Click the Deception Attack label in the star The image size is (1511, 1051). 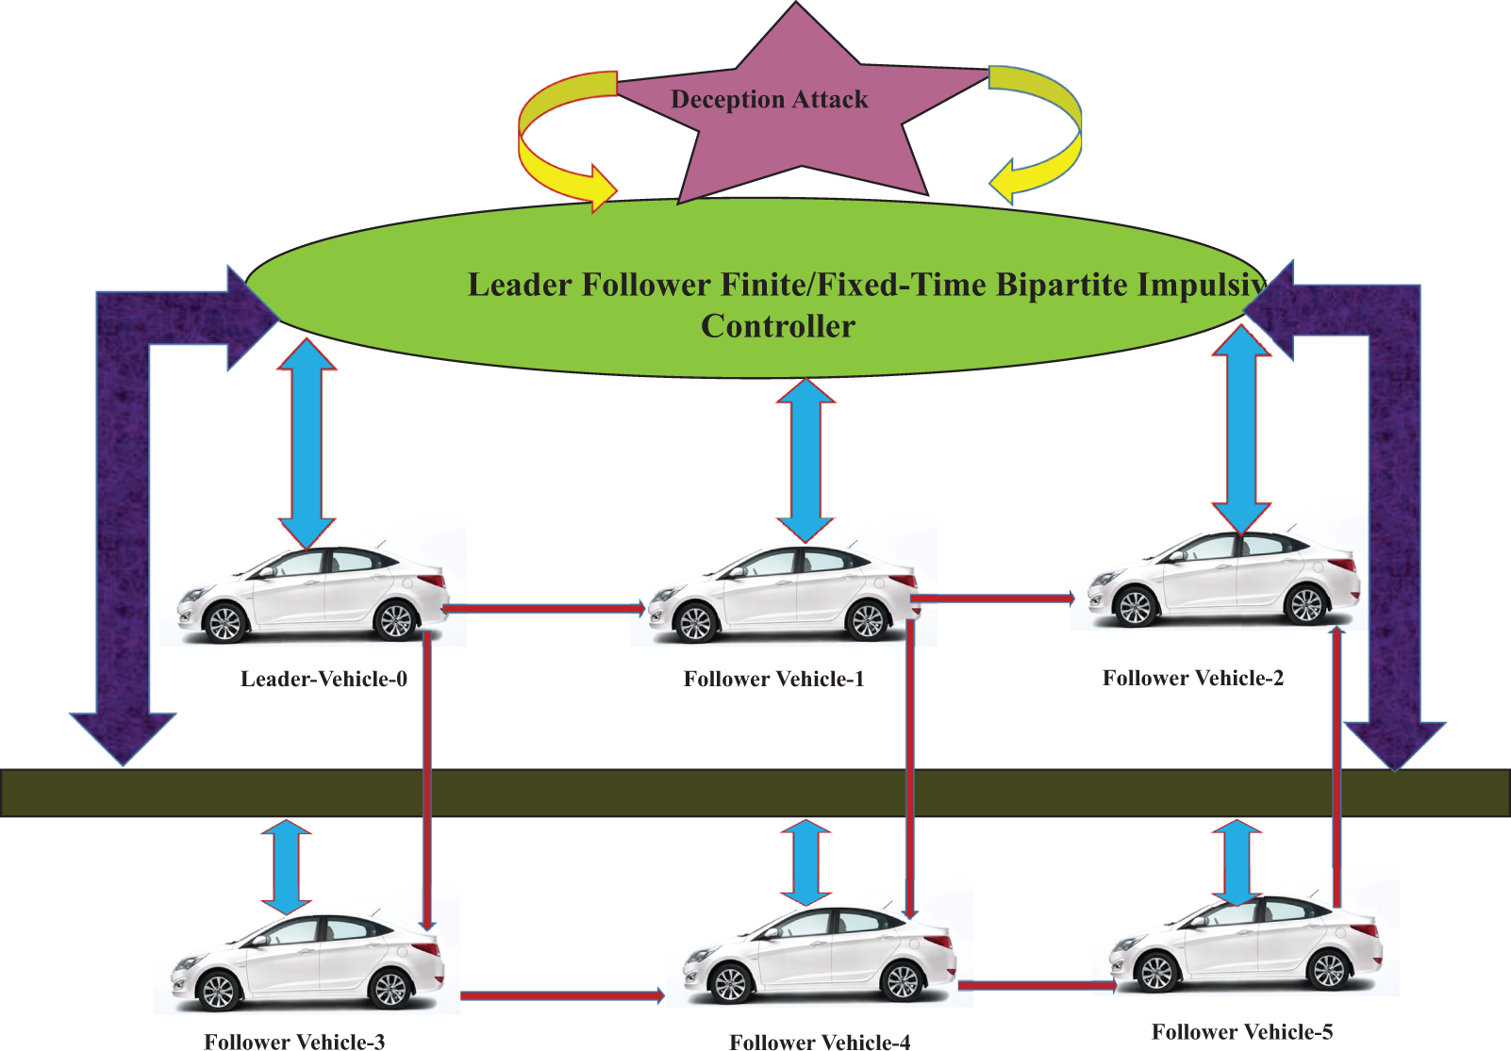pos(769,100)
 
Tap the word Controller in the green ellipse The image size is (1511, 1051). pos(778,326)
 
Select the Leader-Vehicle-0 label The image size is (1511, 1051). pos(324,678)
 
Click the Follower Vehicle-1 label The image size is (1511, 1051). pos(773,678)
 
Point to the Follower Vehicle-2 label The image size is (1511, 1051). pos(1192,678)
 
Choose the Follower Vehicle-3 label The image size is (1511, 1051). pos(294,1042)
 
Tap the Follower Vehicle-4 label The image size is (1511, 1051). pos(820,1043)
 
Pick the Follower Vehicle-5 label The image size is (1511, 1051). pos(1242,1031)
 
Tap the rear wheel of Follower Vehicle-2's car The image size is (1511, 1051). pos(1306,605)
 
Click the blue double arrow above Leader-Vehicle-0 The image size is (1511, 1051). pos(307,443)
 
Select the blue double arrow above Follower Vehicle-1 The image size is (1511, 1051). pos(805,460)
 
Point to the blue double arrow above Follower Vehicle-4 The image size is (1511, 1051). pos(806,862)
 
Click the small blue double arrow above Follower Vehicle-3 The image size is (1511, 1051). pos(287,867)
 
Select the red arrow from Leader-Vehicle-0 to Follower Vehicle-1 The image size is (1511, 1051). pos(544,609)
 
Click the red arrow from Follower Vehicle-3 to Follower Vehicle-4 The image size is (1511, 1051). pos(562,995)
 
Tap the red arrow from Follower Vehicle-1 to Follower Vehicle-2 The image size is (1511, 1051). pos(993,598)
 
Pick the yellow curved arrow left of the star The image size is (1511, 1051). pos(568,141)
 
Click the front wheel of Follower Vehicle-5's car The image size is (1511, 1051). pos(1156,972)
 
